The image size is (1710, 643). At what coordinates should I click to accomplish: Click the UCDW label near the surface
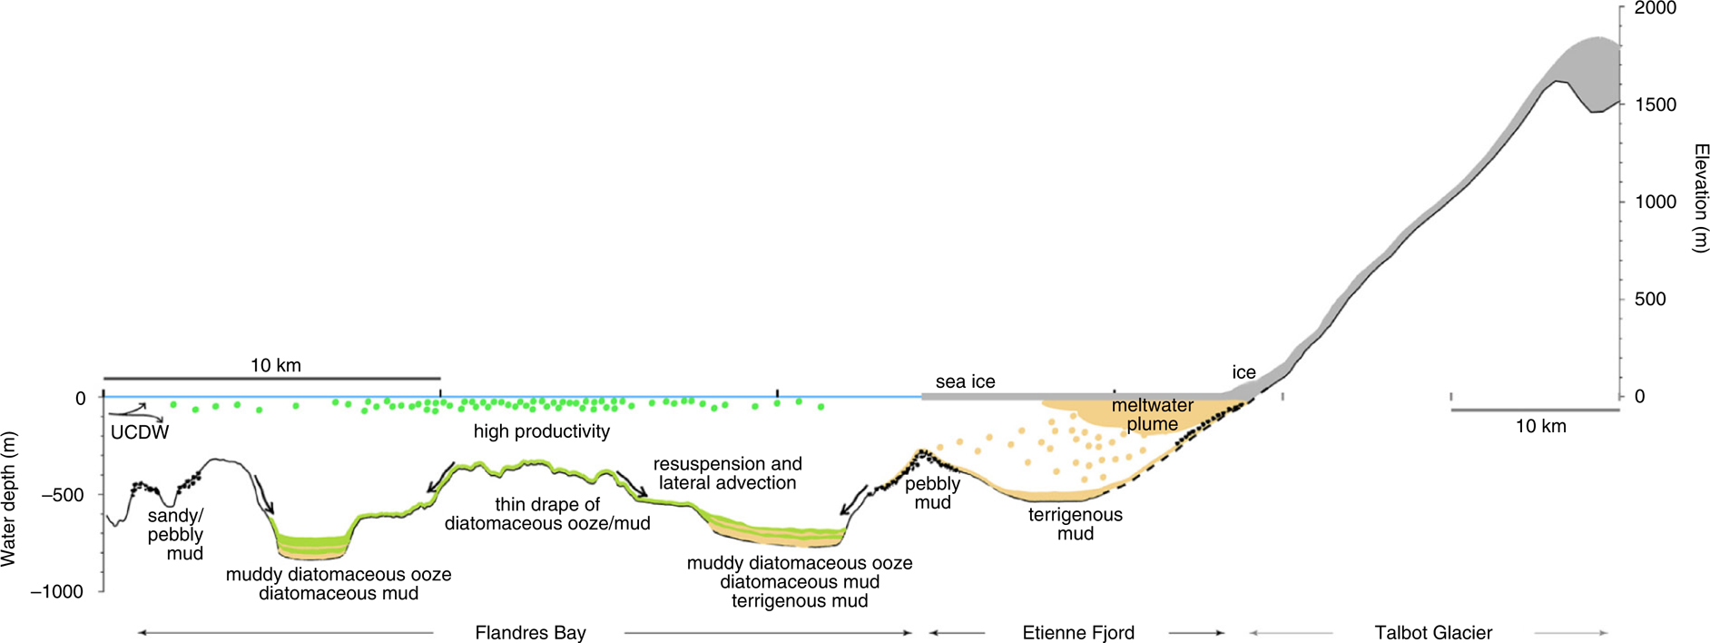coord(140,432)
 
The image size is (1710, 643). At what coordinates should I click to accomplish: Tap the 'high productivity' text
coord(541,431)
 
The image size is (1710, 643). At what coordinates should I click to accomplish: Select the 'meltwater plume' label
coord(1152,415)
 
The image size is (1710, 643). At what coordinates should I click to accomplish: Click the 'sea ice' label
coord(965,381)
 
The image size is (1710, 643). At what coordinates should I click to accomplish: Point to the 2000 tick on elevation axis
coord(1655,8)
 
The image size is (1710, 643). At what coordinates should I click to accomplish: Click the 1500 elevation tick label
coord(1655,104)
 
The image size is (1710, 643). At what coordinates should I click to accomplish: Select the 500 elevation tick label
coord(1649,299)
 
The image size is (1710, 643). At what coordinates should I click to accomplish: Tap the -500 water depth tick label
coord(63,495)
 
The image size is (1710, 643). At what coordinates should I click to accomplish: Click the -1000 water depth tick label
coord(57,591)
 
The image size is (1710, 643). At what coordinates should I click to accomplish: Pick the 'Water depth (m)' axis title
coord(9,500)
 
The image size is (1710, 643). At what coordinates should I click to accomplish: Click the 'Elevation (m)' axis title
coord(1701,197)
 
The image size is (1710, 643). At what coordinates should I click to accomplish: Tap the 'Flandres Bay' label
coord(530,632)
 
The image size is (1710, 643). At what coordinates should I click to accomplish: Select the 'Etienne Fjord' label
coord(1077,632)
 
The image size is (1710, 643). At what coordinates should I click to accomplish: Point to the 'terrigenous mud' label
coord(1075,524)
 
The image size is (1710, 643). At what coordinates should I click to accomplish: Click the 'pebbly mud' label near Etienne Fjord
coord(932,493)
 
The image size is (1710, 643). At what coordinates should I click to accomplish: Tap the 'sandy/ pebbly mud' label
coord(176,535)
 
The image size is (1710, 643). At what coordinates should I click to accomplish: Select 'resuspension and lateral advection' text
coord(727,473)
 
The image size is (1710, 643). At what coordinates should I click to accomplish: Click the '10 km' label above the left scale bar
coord(275,365)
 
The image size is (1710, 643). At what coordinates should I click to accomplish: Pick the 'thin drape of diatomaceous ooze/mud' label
coord(547,514)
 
